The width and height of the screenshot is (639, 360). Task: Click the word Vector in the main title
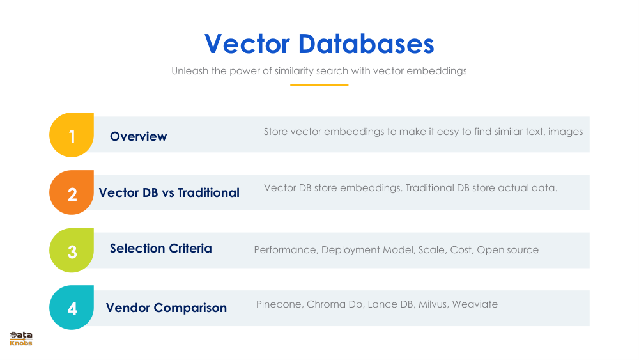247,44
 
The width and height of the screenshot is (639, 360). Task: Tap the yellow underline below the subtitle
319,85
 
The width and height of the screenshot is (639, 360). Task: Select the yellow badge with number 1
72,136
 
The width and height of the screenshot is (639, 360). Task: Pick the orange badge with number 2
72,193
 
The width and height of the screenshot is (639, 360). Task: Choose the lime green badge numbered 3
72,251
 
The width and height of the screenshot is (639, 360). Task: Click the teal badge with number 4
72,308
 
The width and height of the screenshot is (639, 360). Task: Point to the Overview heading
138,136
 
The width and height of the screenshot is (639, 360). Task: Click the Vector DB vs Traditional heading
169,192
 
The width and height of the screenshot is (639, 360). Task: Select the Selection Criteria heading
160,248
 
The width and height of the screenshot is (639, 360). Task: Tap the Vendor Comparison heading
166,308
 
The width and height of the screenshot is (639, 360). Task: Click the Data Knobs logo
21,339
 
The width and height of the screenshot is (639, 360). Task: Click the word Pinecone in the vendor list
278,304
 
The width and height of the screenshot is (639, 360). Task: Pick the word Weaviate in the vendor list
474,304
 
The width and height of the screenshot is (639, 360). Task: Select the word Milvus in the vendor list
432,304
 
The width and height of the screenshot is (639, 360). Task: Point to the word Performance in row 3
285,249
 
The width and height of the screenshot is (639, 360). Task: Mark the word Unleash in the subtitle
189,71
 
